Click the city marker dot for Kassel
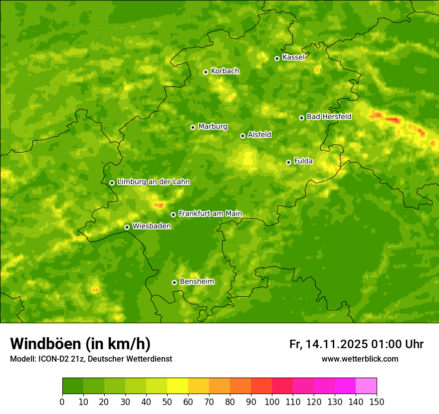(x=277, y=58)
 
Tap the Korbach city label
(x=225, y=71)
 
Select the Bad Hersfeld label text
(x=329, y=117)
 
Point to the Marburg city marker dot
(x=193, y=127)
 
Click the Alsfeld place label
(x=259, y=135)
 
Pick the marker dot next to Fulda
(x=288, y=162)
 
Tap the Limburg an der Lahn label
(x=153, y=182)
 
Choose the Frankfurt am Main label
(x=210, y=214)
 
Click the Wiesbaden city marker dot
(x=127, y=227)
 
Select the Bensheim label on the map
(x=197, y=282)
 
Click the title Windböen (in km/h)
(x=80, y=344)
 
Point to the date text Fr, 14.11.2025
(x=329, y=344)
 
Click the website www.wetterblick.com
(x=360, y=359)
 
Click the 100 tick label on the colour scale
(x=272, y=402)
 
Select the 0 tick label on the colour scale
(x=62, y=402)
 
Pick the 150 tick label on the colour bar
(x=377, y=402)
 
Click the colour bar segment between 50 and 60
(x=178, y=386)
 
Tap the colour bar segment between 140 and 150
(x=366, y=386)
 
